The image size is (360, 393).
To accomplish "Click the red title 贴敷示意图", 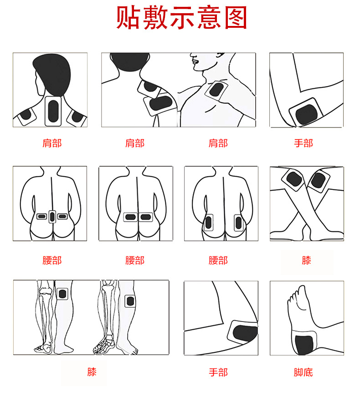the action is [x=182, y=18].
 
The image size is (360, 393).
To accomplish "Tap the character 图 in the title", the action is [x=236, y=18].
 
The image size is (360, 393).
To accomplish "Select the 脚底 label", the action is [x=303, y=373].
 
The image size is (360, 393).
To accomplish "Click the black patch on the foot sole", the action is [x=304, y=345].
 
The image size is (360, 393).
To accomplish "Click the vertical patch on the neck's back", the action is [x=53, y=111].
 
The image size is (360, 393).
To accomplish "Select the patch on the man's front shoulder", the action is [x=216, y=90].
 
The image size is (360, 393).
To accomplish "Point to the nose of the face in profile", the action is [x=193, y=59].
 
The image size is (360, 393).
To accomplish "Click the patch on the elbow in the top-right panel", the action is [x=306, y=112].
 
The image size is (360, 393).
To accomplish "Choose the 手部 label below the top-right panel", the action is [x=303, y=143].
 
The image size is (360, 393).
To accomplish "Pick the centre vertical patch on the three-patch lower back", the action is [x=52, y=217].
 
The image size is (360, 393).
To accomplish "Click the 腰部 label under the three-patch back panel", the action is [x=52, y=260].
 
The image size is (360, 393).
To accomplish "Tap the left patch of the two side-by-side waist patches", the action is [x=130, y=217].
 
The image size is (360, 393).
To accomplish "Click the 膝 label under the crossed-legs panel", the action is [x=306, y=260].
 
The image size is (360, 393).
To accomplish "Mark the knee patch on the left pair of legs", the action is [x=62, y=294].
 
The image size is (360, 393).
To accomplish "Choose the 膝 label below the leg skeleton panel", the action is [x=92, y=372].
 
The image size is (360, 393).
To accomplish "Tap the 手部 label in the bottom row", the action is [x=218, y=373].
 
